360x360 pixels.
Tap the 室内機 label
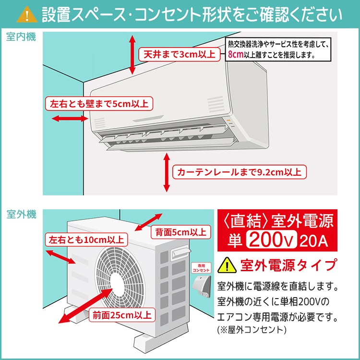21,37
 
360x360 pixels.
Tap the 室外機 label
21,214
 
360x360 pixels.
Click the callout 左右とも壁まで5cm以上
99,103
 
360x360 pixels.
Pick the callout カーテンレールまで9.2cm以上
240,171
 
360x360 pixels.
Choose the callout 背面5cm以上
180,232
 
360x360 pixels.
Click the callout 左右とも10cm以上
85,240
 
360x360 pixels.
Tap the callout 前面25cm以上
121,315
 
